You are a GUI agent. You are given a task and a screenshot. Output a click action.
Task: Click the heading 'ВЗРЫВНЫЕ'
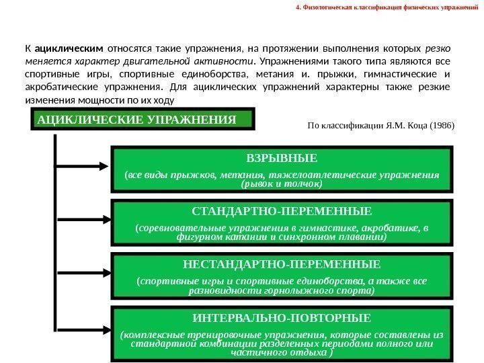[282, 159]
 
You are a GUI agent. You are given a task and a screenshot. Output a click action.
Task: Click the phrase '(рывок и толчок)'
[282, 184]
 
